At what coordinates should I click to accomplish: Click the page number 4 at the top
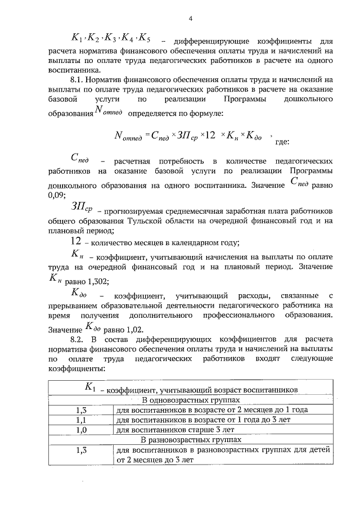coord(191,19)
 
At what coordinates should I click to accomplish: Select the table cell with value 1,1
coord(80,419)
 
